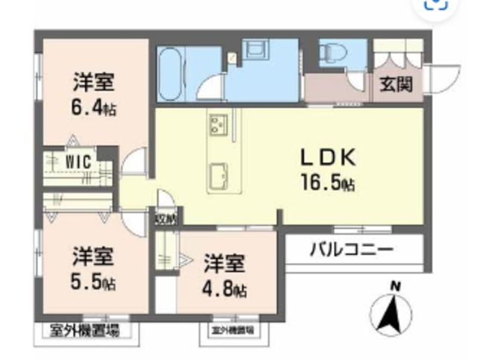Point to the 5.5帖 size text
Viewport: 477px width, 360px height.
(94, 282)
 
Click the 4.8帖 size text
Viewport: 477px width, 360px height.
(224, 288)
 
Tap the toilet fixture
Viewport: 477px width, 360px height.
(331, 53)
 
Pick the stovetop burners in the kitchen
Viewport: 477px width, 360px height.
(218, 124)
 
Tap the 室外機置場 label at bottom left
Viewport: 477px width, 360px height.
(83, 329)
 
